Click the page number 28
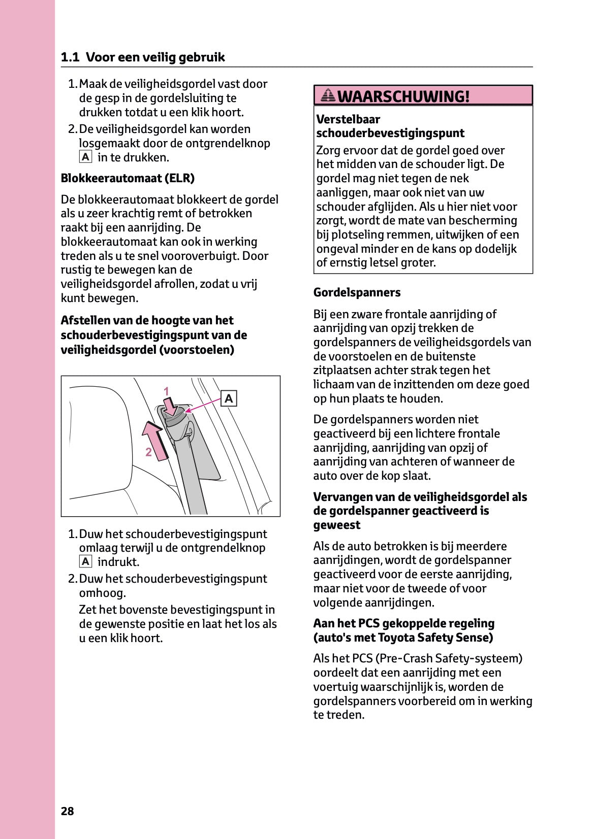coord(67,811)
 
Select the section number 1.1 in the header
coord(70,57)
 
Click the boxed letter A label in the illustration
coord(229,399)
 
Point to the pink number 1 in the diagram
coord(166,391)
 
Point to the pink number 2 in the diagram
coord(148,452)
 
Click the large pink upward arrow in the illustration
coord(155,440)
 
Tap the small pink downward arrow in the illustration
coord(172,406)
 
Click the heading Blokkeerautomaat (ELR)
coord(128,178)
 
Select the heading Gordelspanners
coord(357,292)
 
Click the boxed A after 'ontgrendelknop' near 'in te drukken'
coord(85,157)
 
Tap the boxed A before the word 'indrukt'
coord(85,562)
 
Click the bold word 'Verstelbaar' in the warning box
coord(348,119)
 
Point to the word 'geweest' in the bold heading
coord(336,525)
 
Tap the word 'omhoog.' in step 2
coord(102,593)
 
